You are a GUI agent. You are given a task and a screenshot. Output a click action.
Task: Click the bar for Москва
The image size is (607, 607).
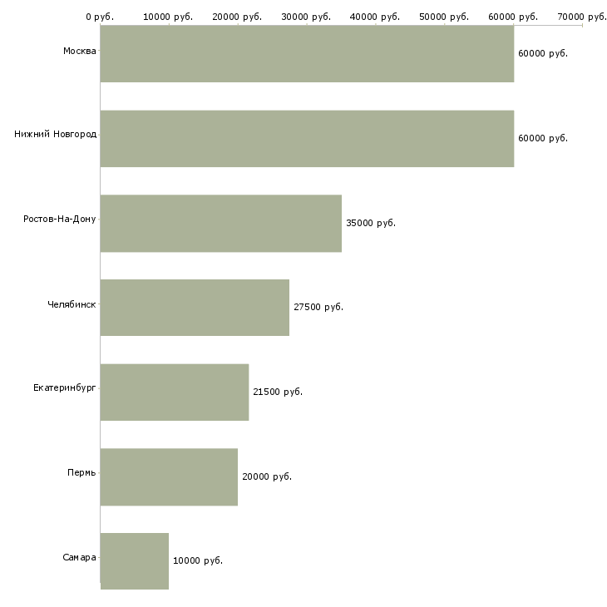coord(307,54)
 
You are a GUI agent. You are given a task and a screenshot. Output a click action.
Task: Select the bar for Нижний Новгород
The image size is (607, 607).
coord(307,139)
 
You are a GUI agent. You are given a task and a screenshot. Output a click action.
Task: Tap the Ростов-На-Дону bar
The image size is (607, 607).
coord(221,224)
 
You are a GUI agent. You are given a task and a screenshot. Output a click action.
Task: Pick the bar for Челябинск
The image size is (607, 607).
coord(195,308)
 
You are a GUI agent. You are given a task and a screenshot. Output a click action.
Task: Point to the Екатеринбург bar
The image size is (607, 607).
coord(175,392)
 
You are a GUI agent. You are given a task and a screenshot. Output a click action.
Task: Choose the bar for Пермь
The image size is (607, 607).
coord(169,477)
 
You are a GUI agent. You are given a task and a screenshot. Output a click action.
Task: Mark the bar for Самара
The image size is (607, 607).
coord(135,561)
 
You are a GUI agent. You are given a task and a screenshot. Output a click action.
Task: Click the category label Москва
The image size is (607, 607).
coord(79,51)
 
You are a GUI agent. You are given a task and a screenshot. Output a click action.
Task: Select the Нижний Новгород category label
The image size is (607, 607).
coord(56,134)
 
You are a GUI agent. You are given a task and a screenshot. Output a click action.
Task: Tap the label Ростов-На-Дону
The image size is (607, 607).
coord(60,220)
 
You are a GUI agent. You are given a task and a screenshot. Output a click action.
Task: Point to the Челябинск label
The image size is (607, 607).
coord(72,304)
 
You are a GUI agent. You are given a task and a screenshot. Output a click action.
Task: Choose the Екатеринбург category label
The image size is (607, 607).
coord(64,387)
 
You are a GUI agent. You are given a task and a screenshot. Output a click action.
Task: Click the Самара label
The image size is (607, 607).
coord(79,557)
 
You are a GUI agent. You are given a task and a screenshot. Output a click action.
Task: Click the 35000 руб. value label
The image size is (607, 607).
coord(371,223)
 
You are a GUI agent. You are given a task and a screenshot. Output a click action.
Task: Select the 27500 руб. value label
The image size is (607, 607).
coord(318,307)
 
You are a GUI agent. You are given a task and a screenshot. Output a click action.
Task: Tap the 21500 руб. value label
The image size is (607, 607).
coord(278,392)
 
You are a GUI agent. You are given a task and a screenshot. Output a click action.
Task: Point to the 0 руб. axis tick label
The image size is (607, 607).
coord(100,17)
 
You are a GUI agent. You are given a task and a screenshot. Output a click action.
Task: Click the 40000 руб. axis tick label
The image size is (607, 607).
coord(375,17)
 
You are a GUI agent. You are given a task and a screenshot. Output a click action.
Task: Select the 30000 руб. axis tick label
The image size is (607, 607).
coord(306,17)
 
